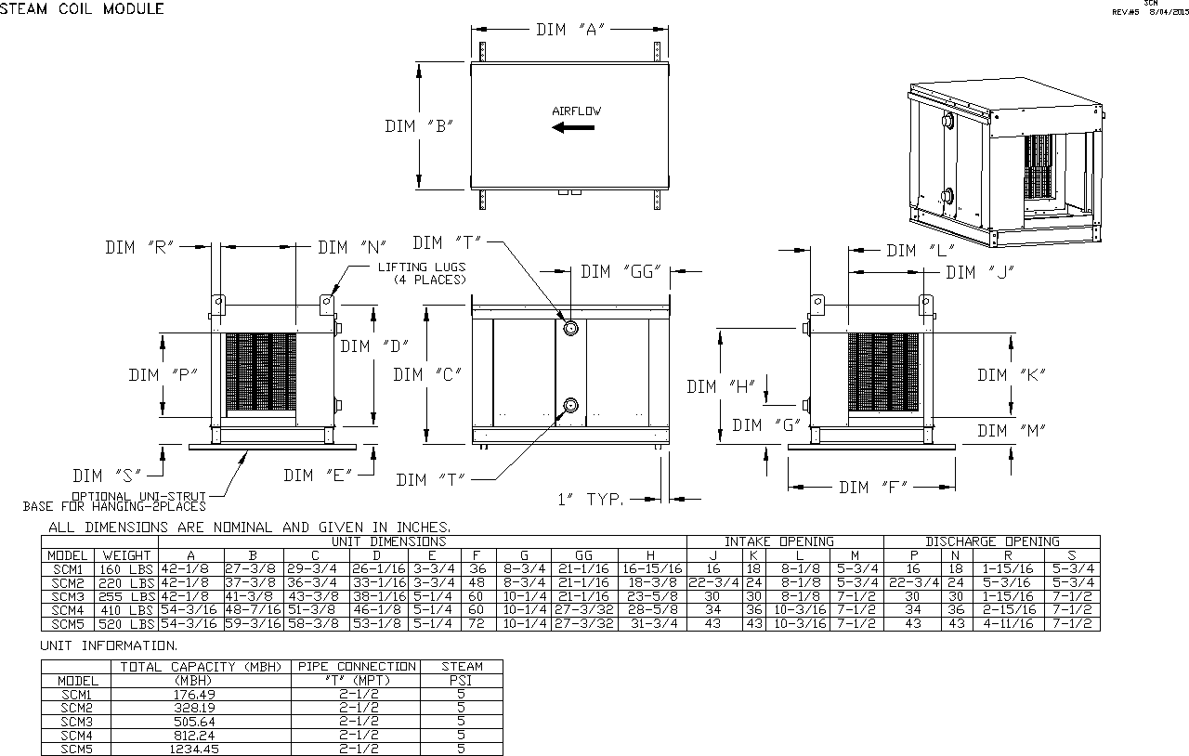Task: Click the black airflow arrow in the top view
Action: (573, 127)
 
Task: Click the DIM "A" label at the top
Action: (570, 30)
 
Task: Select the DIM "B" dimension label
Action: (418, 126)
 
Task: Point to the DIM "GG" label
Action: (620, 271)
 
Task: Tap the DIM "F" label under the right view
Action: (872, 488)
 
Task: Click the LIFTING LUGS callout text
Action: (422, 273)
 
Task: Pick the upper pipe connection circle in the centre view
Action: (570, 328)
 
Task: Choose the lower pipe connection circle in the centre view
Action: (570, 406)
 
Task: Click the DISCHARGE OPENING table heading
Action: (991, 541)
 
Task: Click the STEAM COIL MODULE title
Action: (82, 9)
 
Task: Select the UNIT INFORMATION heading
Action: (110, 645)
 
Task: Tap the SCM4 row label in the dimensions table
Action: (67, 610)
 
